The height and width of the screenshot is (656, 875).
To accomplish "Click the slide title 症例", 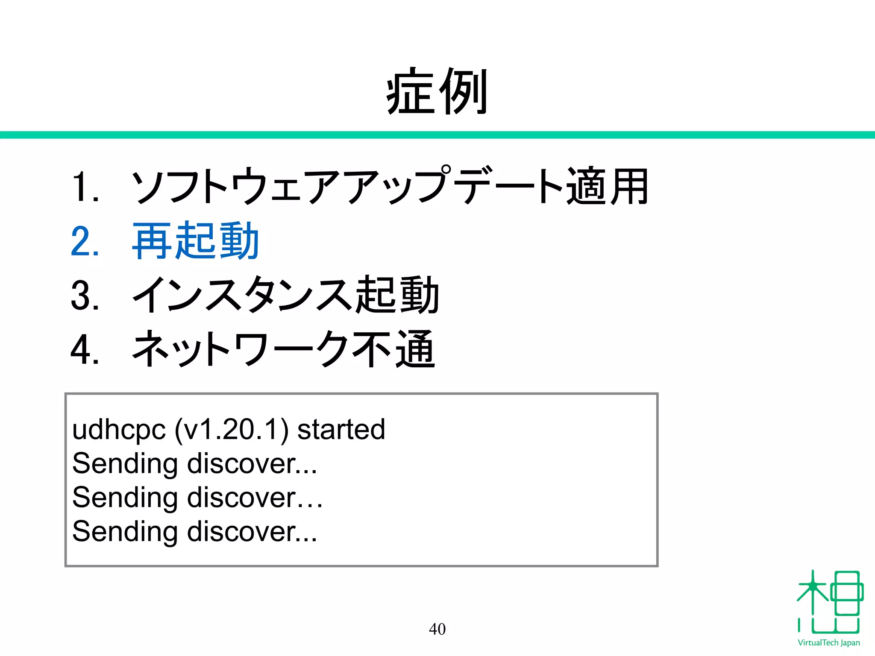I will pos(437,91).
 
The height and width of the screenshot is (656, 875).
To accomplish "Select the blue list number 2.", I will pos(84,241).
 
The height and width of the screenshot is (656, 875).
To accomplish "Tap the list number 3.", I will pos(84,295).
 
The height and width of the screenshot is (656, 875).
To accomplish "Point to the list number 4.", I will pos(84,350).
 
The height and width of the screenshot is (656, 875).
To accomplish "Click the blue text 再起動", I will pos(195,241).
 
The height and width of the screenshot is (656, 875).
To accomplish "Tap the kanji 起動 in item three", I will pos(397,295).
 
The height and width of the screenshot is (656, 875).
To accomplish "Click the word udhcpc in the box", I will pos(119,430).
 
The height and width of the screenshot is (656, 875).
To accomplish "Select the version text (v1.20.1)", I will pos(231,430).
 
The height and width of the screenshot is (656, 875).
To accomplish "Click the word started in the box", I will pos(341,430).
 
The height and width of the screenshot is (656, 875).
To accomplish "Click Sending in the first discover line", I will pos(125,464).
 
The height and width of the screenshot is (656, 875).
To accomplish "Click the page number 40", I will pos(437,629).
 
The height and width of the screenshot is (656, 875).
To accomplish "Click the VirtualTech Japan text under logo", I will pos(828,643).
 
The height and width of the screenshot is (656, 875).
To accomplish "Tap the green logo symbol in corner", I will pos(829,602).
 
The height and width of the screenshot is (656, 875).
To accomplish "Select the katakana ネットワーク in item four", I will pos(239,350).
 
